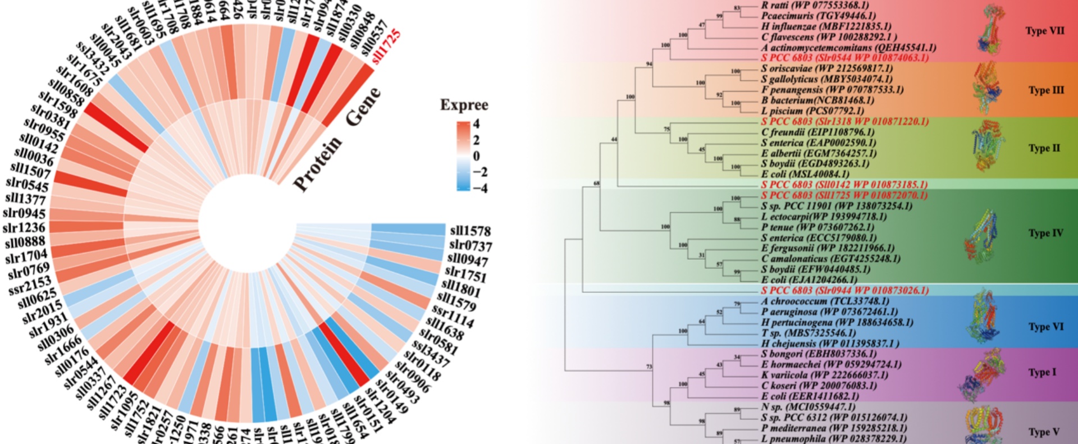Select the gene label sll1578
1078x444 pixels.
(470, 231)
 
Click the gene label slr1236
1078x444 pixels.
(24, 228)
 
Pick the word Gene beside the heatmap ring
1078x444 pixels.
(363, 107)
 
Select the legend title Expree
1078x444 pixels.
(464, 105)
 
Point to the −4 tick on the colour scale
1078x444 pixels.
(480, 188)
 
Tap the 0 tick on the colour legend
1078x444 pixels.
(477, 155)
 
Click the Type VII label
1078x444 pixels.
(1044, 31)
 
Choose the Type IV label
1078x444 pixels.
(1045, 233)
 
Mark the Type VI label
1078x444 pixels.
(1045, 327)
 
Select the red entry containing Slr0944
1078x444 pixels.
(844, 290)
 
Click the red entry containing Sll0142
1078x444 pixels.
(844, 185)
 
